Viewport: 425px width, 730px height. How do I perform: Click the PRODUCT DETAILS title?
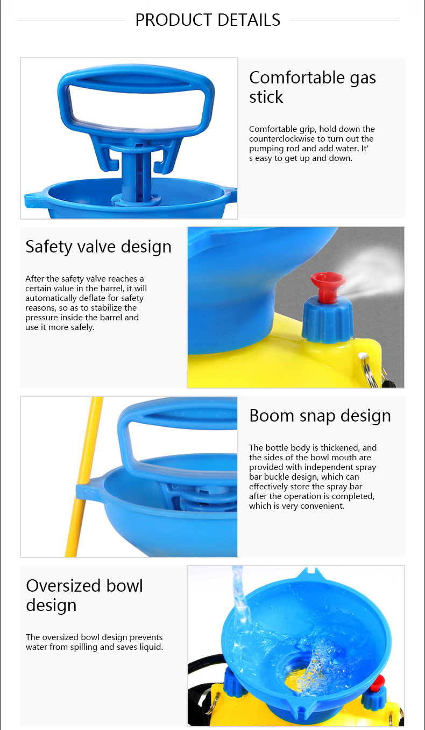pyautogui.click(x=208, y=20)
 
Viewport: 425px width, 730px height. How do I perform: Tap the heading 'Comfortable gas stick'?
pyautogui.click(x=313, y=87)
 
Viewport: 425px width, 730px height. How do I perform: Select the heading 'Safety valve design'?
pyautogui.click(x=98, y=247)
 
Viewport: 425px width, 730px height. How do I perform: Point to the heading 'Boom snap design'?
pyautogui.click(x=320, y=416)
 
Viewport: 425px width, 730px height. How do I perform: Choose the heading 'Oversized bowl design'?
pyautogui.click(x=84, y=595)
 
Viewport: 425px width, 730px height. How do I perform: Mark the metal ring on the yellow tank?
pyautogui.click(x=370, y=369)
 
